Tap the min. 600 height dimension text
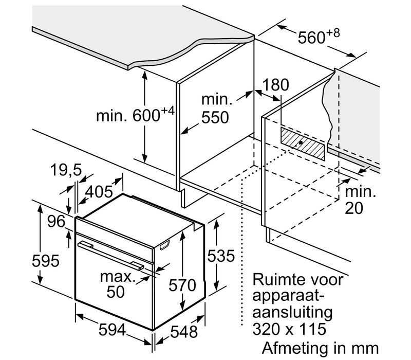(x=136, y=115)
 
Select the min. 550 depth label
(x=214, y=107)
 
